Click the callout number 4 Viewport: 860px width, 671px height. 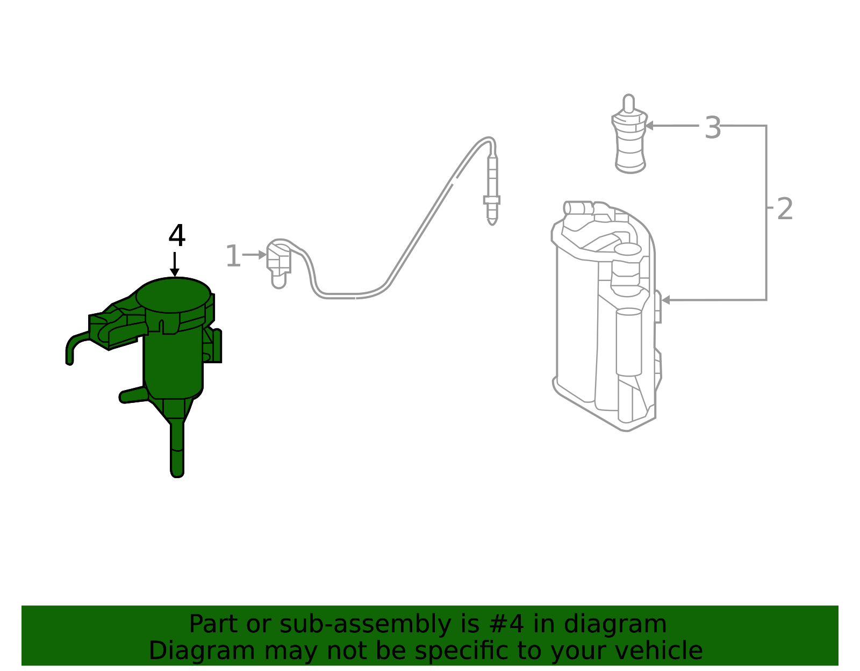point(177,236)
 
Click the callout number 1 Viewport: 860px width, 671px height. point(233,256)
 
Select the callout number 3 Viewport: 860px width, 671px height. point(713,127)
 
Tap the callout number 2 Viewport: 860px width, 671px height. point(785,209)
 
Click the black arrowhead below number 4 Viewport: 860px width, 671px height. point(175,273)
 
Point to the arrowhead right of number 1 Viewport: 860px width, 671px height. point(262,255)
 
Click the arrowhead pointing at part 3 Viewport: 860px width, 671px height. point(649,126)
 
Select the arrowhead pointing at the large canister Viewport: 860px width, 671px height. point(665,300)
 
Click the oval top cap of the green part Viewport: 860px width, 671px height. point(173,295)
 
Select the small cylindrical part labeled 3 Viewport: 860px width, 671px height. point(629,134)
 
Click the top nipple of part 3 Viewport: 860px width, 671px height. point(628,104)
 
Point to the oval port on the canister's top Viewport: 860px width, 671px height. point(628,249)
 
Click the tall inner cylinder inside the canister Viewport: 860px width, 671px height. point(628,342)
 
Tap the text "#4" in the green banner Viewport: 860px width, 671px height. point(506,624)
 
